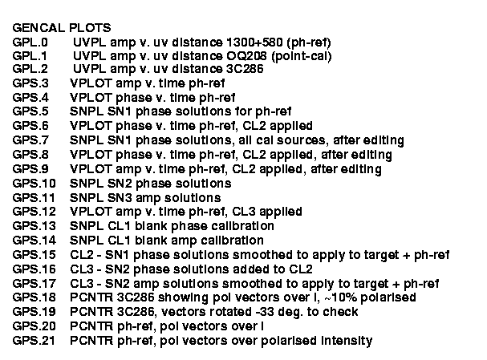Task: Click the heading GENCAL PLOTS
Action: tap(62, 28)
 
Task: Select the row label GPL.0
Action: tap(30, 42)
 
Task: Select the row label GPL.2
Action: tap(30, 69)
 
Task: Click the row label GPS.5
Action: tap(30, 111)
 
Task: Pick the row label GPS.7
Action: tap(30, 140)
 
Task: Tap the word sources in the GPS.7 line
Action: tap(301, 140)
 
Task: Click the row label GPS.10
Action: tap(34, 183)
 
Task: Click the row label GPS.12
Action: tap(34, 212)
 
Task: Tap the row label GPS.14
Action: tap(34, 241)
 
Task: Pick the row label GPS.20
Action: tap(34, 326)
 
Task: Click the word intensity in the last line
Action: tap(347, 341)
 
